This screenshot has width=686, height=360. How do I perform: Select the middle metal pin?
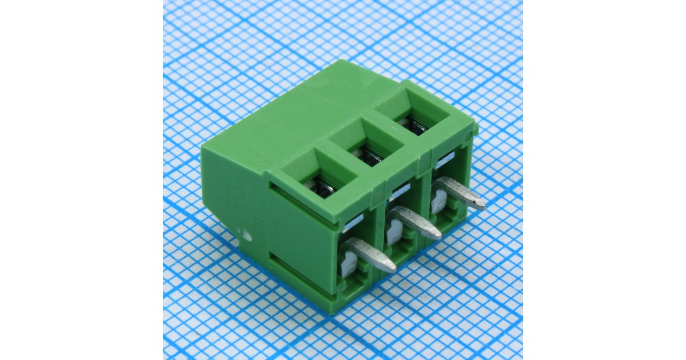[x=414, y=222]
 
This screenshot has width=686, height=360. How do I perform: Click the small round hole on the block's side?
[x=245, y=233]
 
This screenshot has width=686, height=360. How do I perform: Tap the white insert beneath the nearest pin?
[x=347, y=266]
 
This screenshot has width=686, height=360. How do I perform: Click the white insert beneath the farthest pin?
[x=438, y=202]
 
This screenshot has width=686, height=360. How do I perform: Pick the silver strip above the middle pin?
[x=400, y=190]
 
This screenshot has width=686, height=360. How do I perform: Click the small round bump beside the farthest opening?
[x=469, y=137]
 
